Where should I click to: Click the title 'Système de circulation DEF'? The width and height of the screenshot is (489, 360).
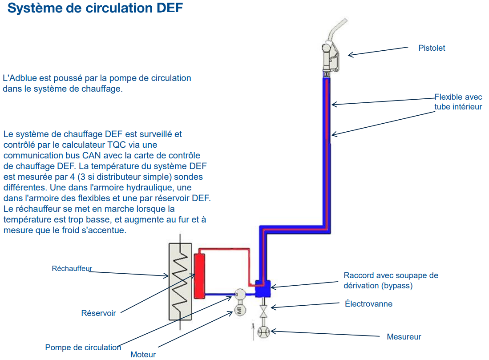pyautogui.click(x=95, y=8)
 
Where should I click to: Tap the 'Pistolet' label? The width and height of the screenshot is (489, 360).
pyautogui.click(x=432, y=48)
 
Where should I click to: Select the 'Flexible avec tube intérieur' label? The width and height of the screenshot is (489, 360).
pyautogui.click(x=458, y=102)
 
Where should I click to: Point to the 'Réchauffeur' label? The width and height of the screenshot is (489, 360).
pyautogui.click(x=72, y=268)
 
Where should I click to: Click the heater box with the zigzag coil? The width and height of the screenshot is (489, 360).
pyautogui.click(x=180, y=281)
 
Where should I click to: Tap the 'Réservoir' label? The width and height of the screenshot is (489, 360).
pyautogui.click(x=98, y=313)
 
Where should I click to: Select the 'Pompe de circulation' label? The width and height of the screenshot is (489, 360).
pyautogui.click(x=83, y=348)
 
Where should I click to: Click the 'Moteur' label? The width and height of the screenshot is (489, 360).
pyautogui.click(x=143, y=355)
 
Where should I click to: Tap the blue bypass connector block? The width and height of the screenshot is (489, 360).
pyautogui.click(x=263, y=288)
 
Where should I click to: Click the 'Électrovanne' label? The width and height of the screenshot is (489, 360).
pyautogui.click(x=368, y=304)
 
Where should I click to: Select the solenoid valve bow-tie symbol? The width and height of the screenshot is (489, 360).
pyautogui.click(x=264, y=310)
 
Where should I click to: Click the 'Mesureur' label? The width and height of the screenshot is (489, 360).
pyautogui.click(x=404, y=337)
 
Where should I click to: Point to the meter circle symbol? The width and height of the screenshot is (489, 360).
pyautogui.click(x=264, y=332)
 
